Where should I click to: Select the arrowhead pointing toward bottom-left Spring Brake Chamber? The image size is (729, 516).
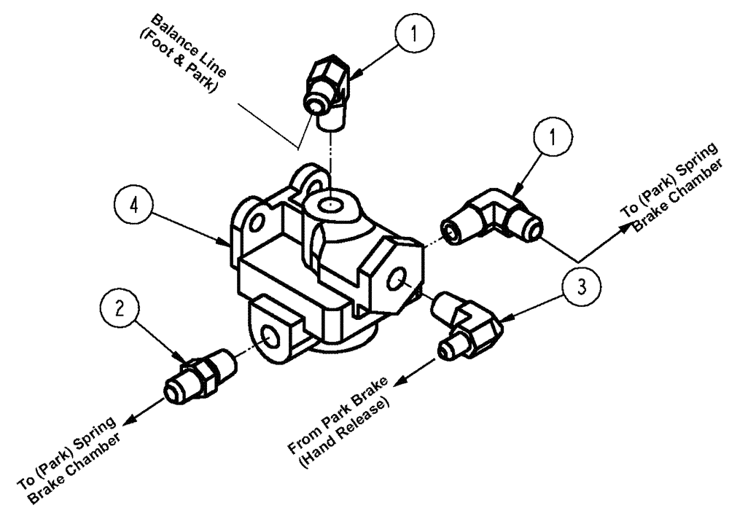[129, 421]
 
